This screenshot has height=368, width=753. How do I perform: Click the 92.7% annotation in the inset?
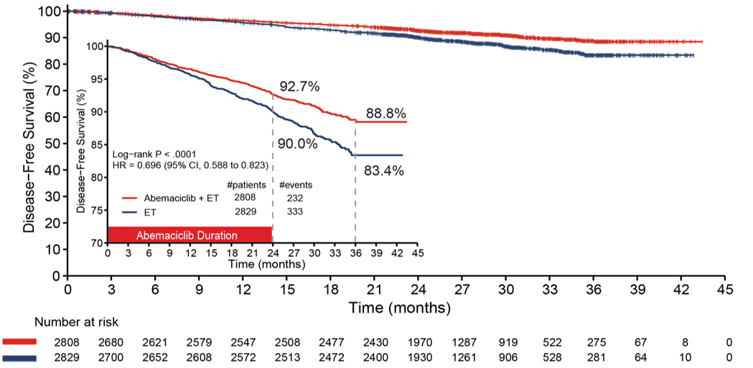(299, 87)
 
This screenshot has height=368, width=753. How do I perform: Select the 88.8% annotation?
(386, 113)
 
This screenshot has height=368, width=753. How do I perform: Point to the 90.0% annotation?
(297, 143)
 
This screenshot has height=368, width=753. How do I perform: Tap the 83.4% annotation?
(384, 171)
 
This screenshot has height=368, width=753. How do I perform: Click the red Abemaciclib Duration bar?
(190, 235)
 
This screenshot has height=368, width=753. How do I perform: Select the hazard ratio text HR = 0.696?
(190, 165)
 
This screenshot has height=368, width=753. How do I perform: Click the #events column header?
(295, 185)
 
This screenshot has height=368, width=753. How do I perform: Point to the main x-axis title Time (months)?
(400, 308)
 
